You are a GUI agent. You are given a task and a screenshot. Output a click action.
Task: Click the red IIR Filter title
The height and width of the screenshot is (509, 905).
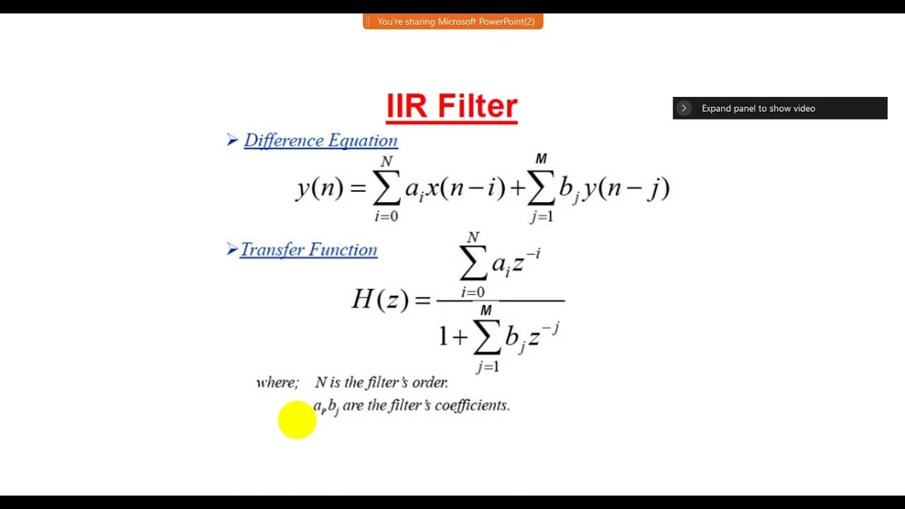coord(452,106)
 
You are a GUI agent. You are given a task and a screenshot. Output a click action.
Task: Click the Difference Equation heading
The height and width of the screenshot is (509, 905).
coord(320,140)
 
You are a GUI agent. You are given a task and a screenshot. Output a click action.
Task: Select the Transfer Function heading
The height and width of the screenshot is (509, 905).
coord(308,250)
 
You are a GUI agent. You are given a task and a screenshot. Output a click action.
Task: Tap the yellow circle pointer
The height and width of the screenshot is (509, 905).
coord(297,419)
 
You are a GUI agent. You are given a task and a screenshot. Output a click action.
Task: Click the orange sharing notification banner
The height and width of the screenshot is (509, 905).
coord(452,22)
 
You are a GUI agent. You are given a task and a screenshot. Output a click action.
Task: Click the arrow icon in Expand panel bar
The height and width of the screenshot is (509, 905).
coord(684,108)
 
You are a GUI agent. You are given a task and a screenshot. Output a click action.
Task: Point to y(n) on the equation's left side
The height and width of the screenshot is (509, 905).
coord(320,188)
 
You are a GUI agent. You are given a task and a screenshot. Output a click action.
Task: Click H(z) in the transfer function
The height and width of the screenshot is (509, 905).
coord(380,300)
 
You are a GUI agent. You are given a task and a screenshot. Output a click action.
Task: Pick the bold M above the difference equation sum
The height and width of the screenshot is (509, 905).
coord(541,159)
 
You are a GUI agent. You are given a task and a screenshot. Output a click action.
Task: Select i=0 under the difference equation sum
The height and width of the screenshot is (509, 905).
coord(386,216)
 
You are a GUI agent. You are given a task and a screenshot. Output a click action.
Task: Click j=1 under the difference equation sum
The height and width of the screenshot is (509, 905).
coord(542,217)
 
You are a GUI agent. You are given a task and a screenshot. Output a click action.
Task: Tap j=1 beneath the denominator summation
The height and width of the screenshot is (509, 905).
coord(487,366)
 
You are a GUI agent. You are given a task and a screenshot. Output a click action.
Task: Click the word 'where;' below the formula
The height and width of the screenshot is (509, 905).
coord(278,382)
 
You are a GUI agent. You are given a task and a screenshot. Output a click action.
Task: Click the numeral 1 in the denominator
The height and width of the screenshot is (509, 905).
coord(443,337)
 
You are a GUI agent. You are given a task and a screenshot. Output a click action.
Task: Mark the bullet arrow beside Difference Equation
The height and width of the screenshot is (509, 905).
coord(232,140)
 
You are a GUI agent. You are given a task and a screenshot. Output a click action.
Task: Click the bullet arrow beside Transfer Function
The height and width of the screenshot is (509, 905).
coord(231,249)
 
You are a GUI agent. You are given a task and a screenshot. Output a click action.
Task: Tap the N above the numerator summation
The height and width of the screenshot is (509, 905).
coord(473,238)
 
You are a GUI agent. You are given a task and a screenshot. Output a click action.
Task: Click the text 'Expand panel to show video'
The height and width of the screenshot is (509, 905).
coord(758,108)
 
